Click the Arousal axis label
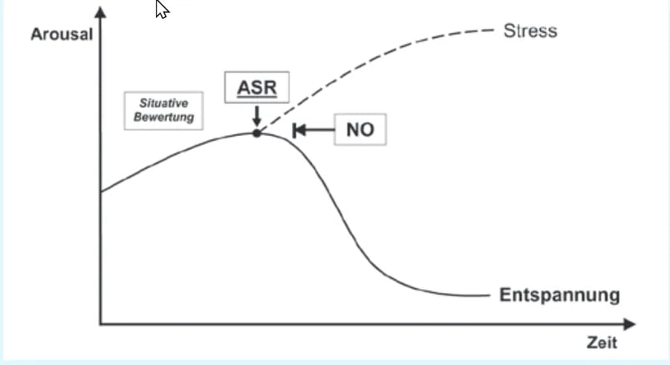coord(62,34)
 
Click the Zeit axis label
coord(602,343)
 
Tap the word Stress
coord(530,30)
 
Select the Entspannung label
coord(559,295)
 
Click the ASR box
coord(257,87)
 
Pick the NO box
coord(360,129)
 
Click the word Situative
coord(163,103)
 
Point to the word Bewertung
coord(163,117)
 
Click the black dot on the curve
coord(257,133)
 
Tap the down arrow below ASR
coord(257,116)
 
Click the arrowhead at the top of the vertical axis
coord(100,12)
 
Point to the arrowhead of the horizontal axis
coord(629,324)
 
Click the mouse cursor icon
coord(161,9)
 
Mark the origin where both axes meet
coord(101,324)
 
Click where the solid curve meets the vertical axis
coord(101,192)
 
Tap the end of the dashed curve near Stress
coord(493,30)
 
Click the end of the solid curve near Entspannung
coord(490,295)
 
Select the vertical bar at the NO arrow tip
coord(294,130)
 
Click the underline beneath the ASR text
coord(257,97)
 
